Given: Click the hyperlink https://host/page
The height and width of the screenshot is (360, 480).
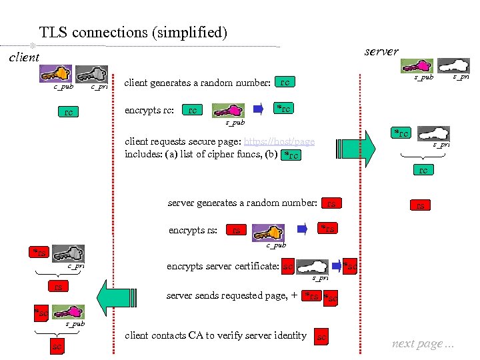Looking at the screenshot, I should click(279, 142).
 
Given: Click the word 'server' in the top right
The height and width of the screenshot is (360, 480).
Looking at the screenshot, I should click(381, 51).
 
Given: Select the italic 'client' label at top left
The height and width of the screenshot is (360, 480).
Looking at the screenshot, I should click(24, 57).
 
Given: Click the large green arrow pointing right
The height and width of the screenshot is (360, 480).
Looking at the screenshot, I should click(357, 147).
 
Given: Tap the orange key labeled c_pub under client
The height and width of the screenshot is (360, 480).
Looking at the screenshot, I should click(59, 73).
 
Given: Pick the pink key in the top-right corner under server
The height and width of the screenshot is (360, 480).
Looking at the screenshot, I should click(418, 65).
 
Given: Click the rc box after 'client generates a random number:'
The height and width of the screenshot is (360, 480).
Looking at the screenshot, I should click(285, 83).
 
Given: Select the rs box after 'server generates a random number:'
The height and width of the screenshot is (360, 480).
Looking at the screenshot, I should click(330, 203).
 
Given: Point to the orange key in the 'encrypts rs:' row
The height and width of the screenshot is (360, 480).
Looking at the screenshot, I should click(269, 232).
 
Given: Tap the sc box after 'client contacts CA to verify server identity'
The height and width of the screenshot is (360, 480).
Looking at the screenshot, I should click(321, 337).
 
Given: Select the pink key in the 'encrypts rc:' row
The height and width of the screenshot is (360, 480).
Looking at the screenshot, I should click(227, 111).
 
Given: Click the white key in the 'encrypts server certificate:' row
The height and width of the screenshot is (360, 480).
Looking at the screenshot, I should click(315, 267).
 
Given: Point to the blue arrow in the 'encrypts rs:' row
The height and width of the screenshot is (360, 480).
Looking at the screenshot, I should click(303, 229).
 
